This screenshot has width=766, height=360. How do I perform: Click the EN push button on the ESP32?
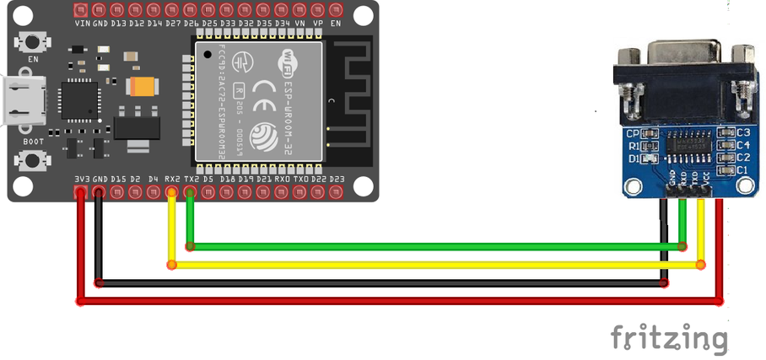click(35, 41)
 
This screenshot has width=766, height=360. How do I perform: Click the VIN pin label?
click(83, 23)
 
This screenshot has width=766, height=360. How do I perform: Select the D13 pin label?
click(118, 23)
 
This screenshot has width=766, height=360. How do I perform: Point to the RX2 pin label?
click(172, 179)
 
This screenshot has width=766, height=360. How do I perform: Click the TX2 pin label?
click(191, 179)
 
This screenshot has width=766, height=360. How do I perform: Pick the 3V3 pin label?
click(82, 179)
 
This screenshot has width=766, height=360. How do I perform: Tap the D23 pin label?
click(337, 179)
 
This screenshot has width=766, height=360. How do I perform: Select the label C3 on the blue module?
click(743, 132)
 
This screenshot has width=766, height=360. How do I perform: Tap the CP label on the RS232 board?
click(633, 133)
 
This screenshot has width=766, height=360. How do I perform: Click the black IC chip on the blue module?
click(686, 144)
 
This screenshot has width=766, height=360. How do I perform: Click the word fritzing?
click(668, 337)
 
